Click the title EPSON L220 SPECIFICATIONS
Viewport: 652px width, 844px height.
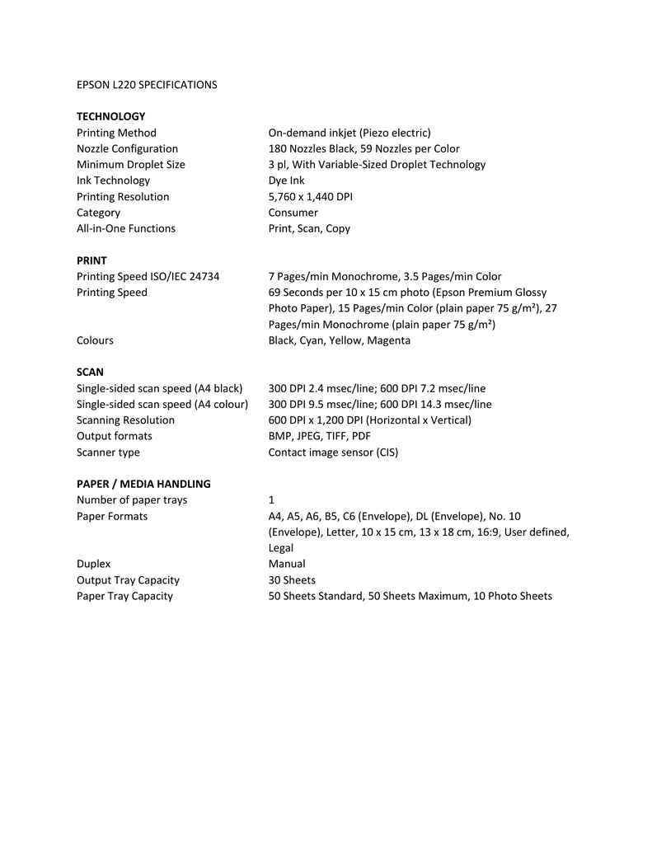pyautogui.click(x=147, y=85)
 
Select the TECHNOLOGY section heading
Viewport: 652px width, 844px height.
pyautogui.click(x=110, y=116)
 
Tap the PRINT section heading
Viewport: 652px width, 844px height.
pyautogui.click(x=91, y=260)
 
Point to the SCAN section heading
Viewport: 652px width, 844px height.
pyautogui.click(x=90, y=373)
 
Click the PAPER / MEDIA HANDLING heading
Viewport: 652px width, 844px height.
pyautogui.click(x=143, y=484)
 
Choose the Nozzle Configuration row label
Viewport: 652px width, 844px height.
pyautogui.click(x=127, y=148)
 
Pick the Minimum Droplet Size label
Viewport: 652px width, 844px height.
pyautogui.click(x=130, y=164)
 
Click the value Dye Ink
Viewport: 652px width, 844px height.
pyautogui.click(x=287, y=181)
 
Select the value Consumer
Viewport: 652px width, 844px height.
pyautogui.click(x=293, y=213)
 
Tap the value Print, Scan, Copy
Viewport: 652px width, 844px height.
pyautogui.click(x=309, y=228)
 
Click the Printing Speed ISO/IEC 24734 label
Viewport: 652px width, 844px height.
pyautogui.click(x=148, y=276)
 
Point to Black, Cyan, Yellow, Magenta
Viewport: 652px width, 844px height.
pyautogui.click(x=339, y=340)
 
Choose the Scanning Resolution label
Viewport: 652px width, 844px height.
pyautogui.click(x=125, y=420)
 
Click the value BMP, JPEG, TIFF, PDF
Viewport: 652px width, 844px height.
pyautogui.click(x=320, y=436)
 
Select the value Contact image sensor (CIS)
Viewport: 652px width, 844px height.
pyautogui.click(x=333, y=452)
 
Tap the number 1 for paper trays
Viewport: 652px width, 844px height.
pyautogui.click(x=272, y=500)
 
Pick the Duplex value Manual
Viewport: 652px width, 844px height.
pyautogui.click(x=287, y=564)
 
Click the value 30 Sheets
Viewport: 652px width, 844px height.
pyautogui.click(x=292, y=580)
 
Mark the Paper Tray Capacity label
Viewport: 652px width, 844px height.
pyautogui.click(x=124, y=596)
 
